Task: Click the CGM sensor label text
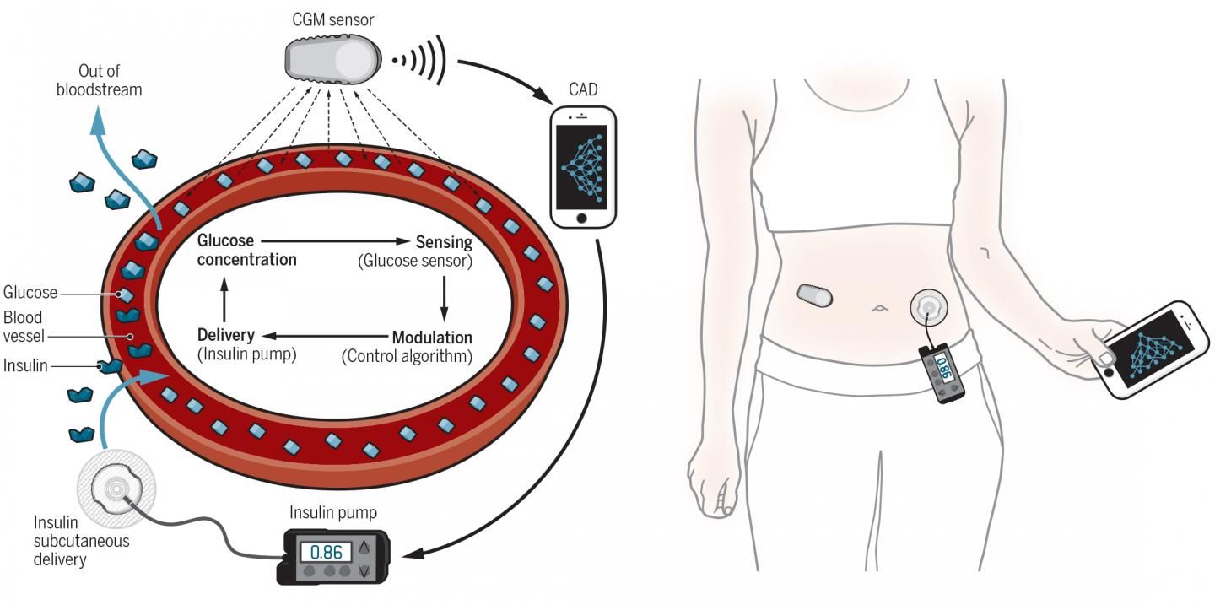point(333,20)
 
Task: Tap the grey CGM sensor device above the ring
point(332,60)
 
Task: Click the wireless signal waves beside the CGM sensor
point(420,60)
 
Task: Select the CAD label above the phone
point(583,89)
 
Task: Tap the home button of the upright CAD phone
point(581,219)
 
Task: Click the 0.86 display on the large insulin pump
point(326,553)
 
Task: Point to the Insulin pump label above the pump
point(333,512)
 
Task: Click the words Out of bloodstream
point(100,80)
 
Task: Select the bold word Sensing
point(444,242)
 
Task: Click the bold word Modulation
point(432,338)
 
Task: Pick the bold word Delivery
point(225,335)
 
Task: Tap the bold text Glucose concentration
point(246,250)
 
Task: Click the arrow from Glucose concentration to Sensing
point(335,241)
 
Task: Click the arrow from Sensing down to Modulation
point(444,298)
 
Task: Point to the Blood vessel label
point(24,327)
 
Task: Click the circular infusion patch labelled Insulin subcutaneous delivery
point(116,489)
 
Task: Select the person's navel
point(879,309)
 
